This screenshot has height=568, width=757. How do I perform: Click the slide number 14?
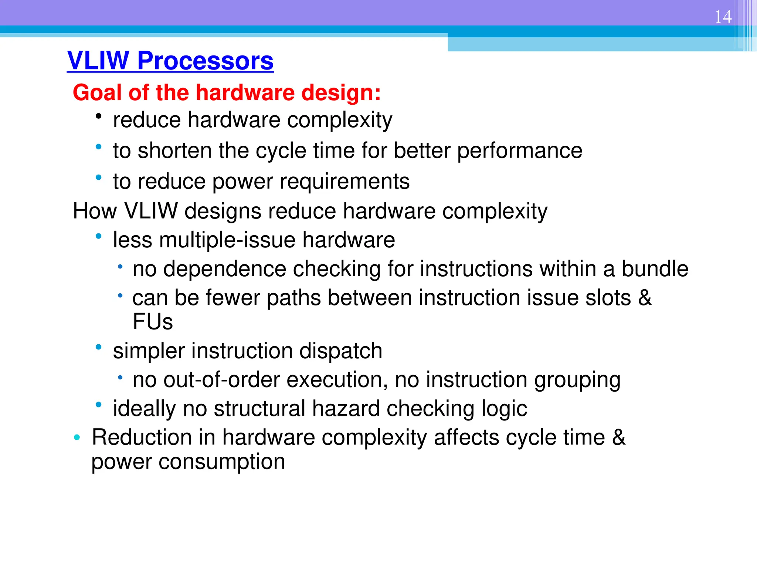tap(723, 17)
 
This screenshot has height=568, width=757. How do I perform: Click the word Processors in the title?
tap(205, 61)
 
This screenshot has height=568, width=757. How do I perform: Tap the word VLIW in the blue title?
tap(98, 61)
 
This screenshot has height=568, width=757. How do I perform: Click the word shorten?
tap(174, 151)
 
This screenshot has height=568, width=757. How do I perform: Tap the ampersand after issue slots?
tap(645, 298)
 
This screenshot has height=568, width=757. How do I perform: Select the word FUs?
tap(153, 322)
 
